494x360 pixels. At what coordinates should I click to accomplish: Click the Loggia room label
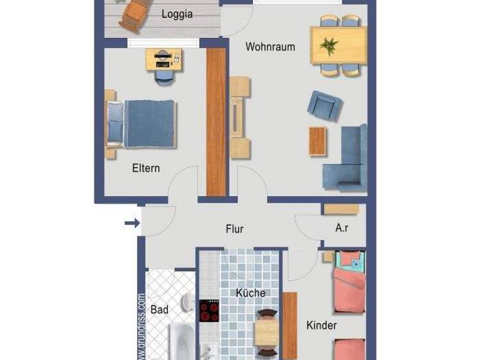(x=177, y=14)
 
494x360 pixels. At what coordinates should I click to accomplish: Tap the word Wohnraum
(x=270, y=47)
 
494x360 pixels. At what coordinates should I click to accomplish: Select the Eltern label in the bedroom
(x=146, y=168)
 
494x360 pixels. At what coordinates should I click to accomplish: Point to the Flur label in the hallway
(x=235, y=229)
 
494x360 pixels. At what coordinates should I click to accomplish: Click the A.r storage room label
(x=342, y=228)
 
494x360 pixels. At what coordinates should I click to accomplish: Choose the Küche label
(x=250, y=293)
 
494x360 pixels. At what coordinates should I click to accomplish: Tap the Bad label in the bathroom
(x=160, y=310)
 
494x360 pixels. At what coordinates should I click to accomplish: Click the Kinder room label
(x=322, y=325)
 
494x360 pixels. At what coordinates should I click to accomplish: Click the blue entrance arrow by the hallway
(x=132, y=223)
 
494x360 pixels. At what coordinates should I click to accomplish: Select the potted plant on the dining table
(x=329, y=46)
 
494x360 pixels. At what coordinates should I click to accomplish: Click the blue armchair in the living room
(x=324, y=105)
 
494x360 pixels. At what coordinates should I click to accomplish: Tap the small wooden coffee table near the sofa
(x=318, y=141)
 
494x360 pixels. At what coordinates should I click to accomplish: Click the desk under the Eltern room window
(x=163, y=60)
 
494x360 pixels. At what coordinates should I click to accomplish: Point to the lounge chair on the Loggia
(x=133, y=14)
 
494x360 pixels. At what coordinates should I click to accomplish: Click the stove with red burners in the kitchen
(x=209, y=310)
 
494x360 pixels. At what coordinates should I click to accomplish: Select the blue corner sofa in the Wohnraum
(x=348, y=161)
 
